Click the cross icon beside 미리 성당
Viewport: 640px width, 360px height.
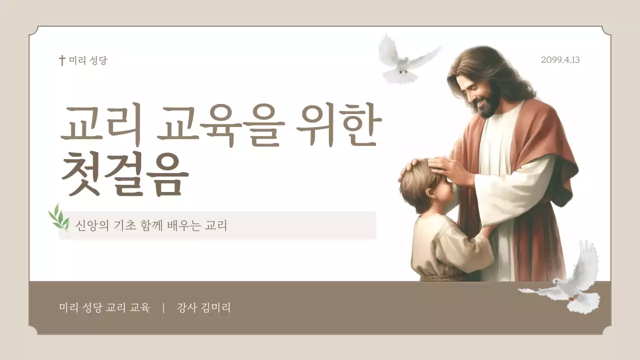pyautogui.click(x=62, y=60)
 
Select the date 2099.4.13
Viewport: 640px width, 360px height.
pyautogui.click(x=560, y=60)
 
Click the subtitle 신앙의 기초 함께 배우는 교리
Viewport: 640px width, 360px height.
pyautogui.click(x=151, y=225)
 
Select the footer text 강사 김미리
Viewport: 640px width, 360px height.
pyautogui.click(x=203, y=308)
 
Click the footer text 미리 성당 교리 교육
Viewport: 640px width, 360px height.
pyautogui.click(x=104, y=308)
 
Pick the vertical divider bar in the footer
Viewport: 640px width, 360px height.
pyautogui.click(x=163, y=308)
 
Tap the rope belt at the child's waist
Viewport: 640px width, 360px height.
pyautogui.click(x=440, y=276)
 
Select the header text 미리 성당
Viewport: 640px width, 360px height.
pyautogui.click(x=88, y=60)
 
